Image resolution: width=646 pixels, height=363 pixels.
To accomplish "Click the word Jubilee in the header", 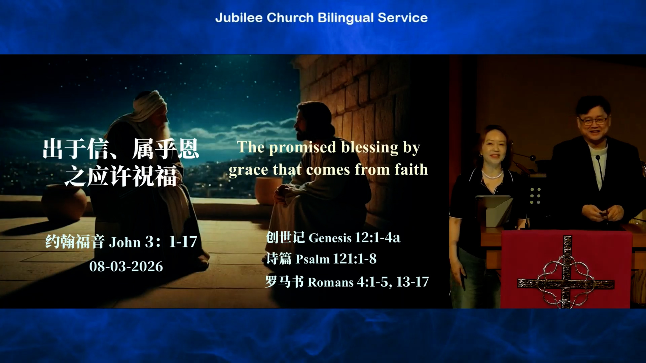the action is click(x=239, y=18).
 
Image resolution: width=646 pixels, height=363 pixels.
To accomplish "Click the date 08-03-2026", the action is click(x=126, y=267).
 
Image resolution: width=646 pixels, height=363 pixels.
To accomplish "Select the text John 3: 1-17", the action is click(x=153, y=242).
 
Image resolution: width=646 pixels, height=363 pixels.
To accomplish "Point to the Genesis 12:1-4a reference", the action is click(x=354, y=238).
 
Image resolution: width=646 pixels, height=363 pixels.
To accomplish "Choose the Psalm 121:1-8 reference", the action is click(x=336, y=259).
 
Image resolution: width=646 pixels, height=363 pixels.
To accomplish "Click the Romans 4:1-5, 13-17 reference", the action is click(x=368, y=282).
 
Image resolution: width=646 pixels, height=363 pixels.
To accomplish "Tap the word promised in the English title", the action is click(x=303, y=148).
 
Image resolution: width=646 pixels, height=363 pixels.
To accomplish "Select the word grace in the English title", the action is click(x=249, y=170).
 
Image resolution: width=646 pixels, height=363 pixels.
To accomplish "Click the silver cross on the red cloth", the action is click(x=566, y=273).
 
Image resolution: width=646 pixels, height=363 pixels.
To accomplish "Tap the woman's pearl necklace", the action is click(x=493, y=175).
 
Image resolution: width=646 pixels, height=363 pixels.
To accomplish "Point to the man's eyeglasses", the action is click(x=593, y=120).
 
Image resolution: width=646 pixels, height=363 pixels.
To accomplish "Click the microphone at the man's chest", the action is click(x=599, y=168).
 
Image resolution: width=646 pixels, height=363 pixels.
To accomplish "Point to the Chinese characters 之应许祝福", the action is click(x=120, y=176).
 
